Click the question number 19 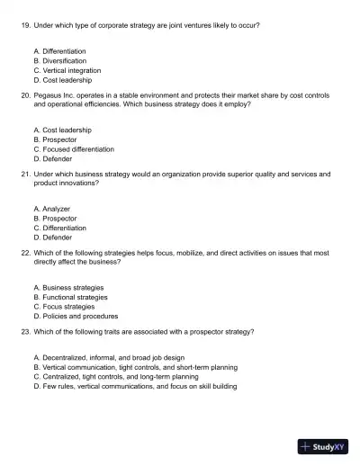tap(24, 25)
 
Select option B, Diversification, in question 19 tap(62, 60)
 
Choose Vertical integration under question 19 tap(67, 70)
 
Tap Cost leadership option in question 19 tap(62, 80)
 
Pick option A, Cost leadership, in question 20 tap(62, 130)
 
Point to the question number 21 tap(24, 174)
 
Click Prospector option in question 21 tap(55, 219)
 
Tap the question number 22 tap(24, 253)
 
